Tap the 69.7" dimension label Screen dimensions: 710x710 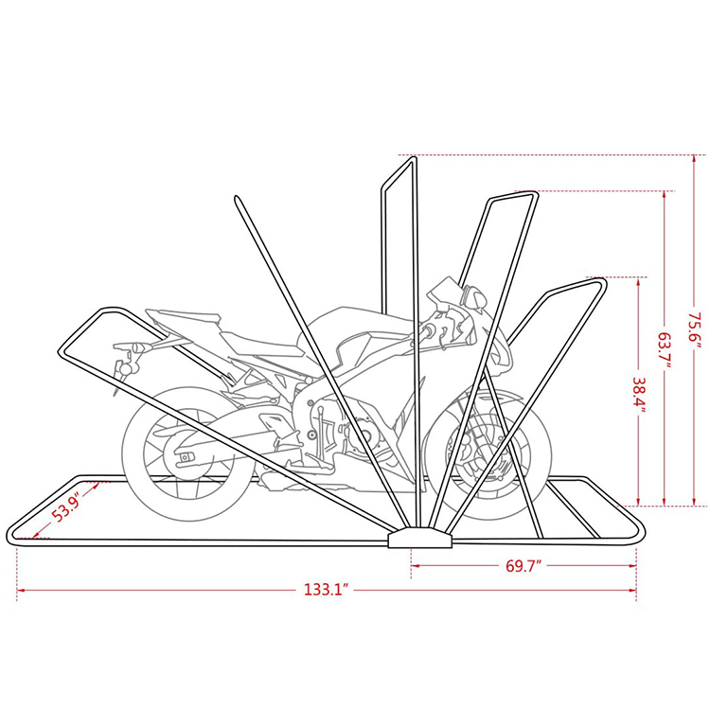click(x=522, y=566)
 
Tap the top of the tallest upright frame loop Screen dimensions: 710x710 click(x=399, y=170)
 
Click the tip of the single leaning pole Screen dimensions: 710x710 click(x=235, y=198)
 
